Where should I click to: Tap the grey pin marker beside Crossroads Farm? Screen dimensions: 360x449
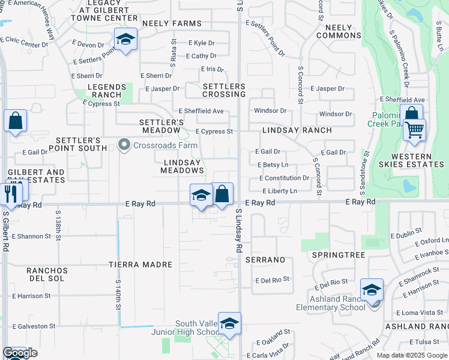124,145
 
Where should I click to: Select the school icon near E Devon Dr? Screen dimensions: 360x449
125,40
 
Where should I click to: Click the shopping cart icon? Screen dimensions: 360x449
414,129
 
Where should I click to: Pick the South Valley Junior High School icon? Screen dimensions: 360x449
229,325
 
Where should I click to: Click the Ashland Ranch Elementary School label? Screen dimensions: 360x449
330,304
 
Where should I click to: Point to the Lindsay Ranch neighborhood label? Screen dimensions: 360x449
297,130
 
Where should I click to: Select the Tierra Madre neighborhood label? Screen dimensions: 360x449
140,264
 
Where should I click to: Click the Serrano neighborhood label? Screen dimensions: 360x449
265,260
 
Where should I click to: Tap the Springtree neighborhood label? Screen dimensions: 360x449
339,255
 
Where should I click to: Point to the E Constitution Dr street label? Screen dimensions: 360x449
284,178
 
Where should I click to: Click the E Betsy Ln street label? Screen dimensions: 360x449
273,165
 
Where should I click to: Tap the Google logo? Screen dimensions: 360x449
20,353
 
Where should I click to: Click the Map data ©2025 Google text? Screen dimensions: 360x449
411,355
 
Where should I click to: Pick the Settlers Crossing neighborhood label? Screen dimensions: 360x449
224,91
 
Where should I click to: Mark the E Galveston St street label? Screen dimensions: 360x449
34,326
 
